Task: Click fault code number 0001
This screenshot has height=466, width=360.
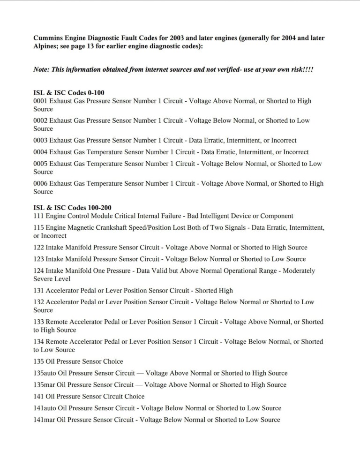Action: (40, 101)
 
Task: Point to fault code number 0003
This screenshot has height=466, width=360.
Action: (40, 141)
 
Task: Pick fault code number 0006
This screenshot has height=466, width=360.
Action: (40, 184)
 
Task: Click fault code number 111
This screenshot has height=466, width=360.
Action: (38, 216)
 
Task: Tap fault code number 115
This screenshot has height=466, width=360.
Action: (38, 228)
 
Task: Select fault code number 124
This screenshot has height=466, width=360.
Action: (38, 271)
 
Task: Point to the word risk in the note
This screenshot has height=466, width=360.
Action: (293, 69)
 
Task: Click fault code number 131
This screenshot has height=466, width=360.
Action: (38, 291)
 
